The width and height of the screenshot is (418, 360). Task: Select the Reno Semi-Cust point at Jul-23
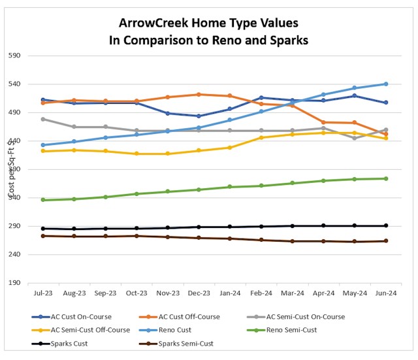[42, 200]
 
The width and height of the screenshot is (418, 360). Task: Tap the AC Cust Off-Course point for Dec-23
[199, 94]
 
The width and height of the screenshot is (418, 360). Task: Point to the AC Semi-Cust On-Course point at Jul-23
[42, 119]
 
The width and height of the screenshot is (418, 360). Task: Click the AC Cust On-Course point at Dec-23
[199, 116]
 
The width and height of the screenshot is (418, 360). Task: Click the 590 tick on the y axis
[14, 56]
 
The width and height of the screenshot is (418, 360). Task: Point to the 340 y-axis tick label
[14, 198]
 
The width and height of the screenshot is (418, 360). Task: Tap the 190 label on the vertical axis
[14, 283]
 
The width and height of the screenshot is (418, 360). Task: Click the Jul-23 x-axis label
[42, 294]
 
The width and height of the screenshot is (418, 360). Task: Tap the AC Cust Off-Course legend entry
[189, 317]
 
